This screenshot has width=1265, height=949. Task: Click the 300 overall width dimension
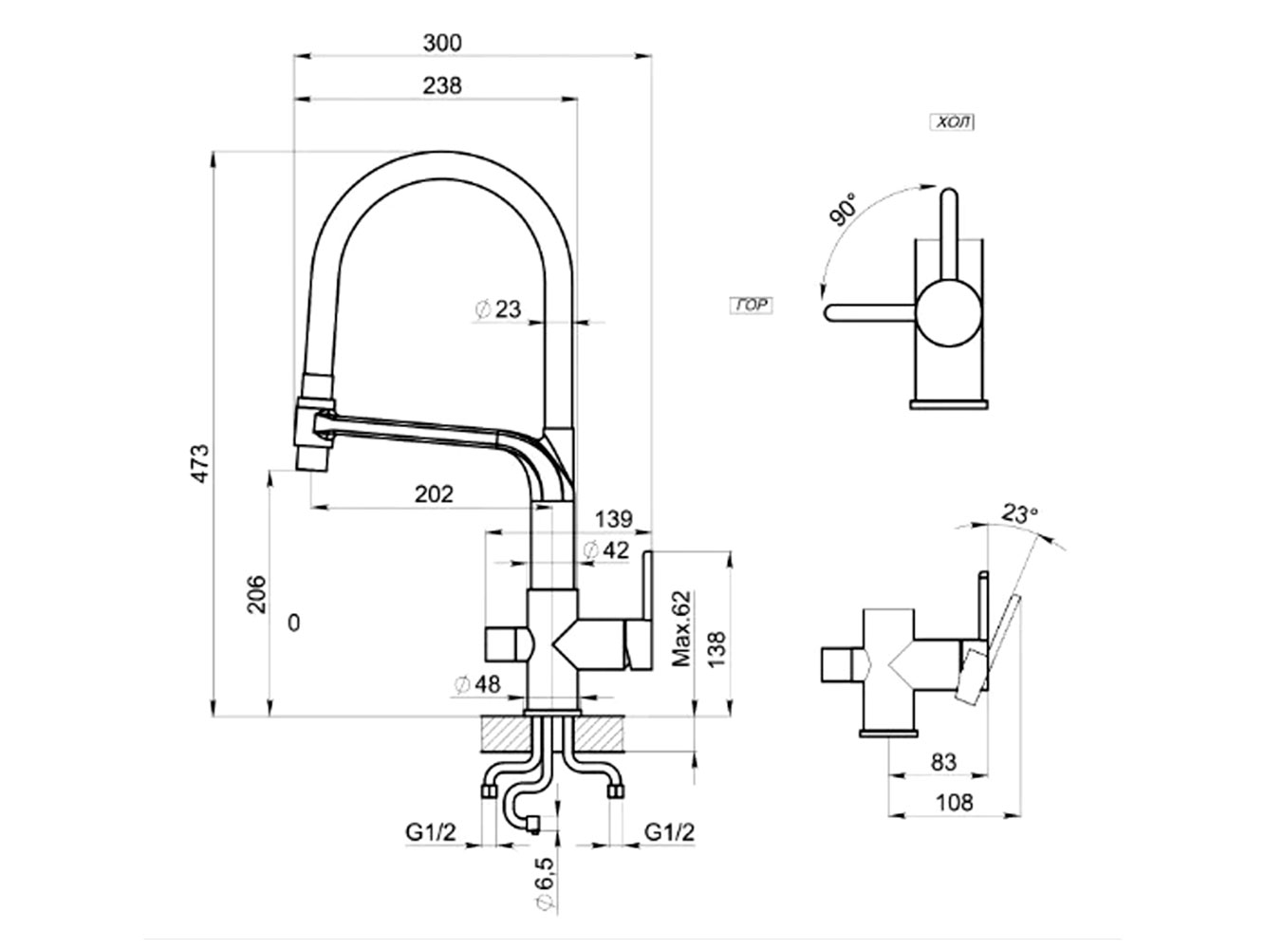coord(442,43)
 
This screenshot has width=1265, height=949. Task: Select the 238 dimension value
coord(442,85)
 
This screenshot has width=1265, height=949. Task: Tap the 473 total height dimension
coord(200,462)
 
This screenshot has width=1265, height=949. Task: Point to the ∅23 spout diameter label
coord(497,309)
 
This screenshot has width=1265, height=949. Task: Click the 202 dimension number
coord(434,494)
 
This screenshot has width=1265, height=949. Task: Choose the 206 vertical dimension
coord(257,594)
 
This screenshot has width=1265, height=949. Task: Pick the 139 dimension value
coord(615,519)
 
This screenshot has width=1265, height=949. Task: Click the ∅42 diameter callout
coord(605,549)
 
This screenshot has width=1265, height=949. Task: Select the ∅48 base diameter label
coord(476,684)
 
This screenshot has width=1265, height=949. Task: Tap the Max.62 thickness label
coord(681,627)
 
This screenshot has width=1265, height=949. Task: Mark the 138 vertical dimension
coord(717,652)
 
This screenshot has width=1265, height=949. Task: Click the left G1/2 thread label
coord(432,832)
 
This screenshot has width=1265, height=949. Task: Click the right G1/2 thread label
coord(669,832)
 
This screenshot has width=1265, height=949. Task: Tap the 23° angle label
coord(1019,514)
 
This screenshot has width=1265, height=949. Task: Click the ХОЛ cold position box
coord(952,122)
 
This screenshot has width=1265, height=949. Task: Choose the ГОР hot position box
coord(751,306)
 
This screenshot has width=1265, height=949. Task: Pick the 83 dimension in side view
coord(943,761)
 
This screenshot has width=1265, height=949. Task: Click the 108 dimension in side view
coord(954,803)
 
